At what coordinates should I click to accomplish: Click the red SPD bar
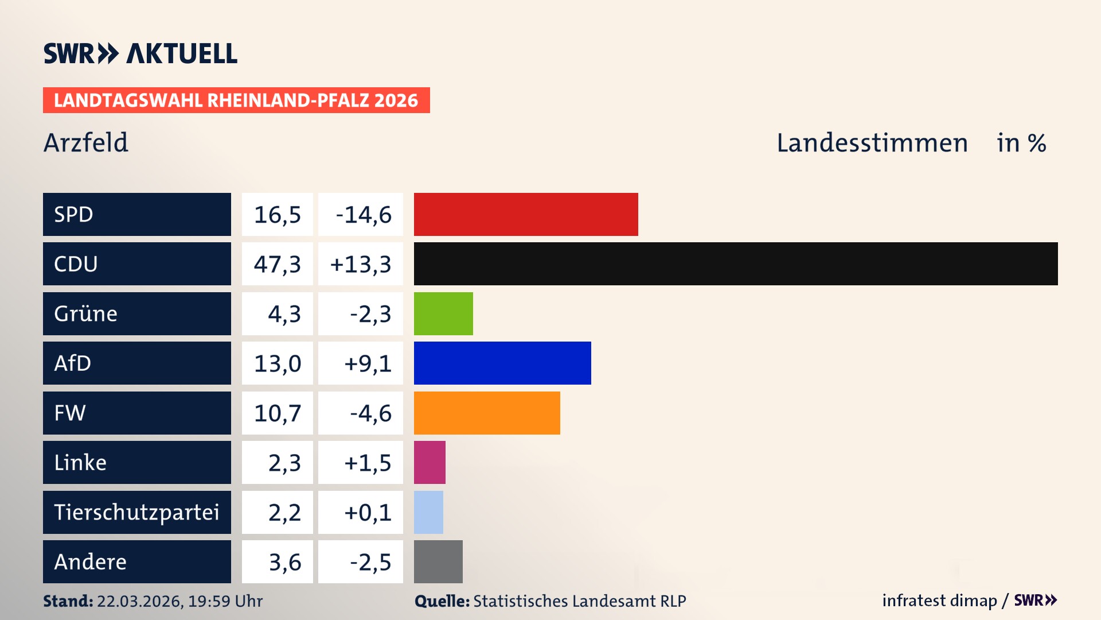pos(526,214)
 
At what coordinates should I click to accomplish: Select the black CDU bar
pos(736,263)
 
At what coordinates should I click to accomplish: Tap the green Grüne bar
pos(443,313)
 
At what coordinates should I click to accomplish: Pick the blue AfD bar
pos(502,363)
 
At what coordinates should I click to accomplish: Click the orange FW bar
pos(487,413)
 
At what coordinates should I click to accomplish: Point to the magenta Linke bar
pos(430,462)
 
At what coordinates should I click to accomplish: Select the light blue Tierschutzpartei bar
pos(428,512)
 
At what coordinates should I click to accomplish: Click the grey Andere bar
pos(438,561)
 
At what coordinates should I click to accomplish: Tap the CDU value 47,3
pos(278,264)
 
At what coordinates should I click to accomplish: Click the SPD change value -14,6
pos(363,215)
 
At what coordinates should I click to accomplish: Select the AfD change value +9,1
pos(367,363)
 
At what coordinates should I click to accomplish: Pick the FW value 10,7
pos(278,413)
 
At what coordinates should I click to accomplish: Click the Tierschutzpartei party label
pos(136,512)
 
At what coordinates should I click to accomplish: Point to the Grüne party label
pos(85,313)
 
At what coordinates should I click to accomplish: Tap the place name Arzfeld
pos(86,142)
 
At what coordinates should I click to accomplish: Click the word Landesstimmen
pos(872,143)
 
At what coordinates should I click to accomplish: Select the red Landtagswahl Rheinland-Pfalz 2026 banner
pos(236,100)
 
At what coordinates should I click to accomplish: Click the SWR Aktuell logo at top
pos(140,53)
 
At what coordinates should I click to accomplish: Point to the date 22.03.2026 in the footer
pos(139,601)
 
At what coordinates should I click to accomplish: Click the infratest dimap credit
pos(939,600)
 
